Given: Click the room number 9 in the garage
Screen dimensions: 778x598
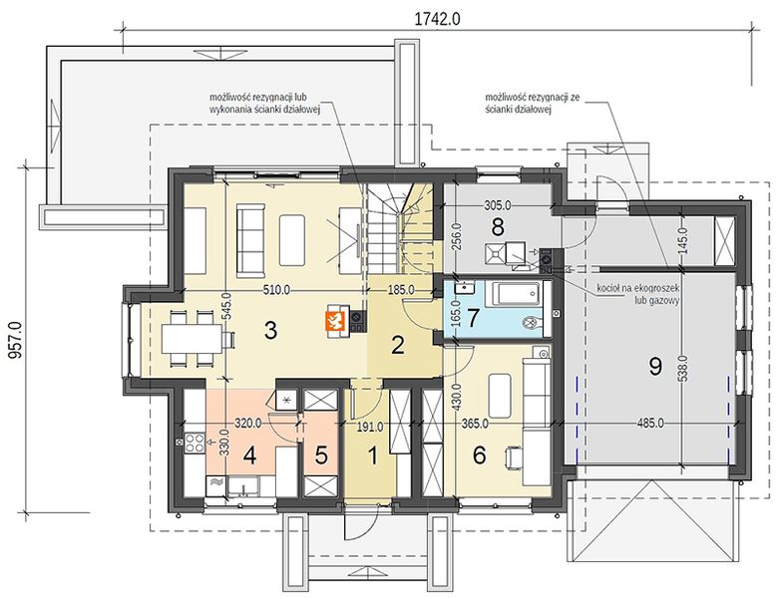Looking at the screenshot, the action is pos(655,367).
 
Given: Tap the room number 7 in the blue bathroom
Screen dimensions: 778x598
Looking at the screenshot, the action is pos(473,318).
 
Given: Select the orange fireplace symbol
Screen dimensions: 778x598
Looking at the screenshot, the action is pos(335,321).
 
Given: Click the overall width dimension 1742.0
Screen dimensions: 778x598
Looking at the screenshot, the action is pos(437,19).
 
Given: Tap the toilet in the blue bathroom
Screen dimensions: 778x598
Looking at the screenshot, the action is pos(534,323).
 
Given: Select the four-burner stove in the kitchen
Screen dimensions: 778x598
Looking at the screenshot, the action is pos(194,443).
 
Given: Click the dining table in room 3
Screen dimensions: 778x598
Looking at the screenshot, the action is pos(192,339).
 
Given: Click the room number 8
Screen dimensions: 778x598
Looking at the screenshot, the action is pos(497,227).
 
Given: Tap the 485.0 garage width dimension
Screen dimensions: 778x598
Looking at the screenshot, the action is pos(650,424).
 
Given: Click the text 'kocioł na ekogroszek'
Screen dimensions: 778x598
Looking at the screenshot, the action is pos(638,289).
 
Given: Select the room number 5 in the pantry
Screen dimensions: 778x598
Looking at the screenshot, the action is pos(321,455).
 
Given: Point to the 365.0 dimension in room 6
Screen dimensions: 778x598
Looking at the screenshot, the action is pos(475,424).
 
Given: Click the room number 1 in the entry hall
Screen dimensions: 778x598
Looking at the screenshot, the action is pos(373,455).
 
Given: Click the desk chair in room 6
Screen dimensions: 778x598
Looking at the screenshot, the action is pos(513,456).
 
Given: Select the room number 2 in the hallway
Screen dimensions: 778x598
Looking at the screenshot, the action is pos(398,346).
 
